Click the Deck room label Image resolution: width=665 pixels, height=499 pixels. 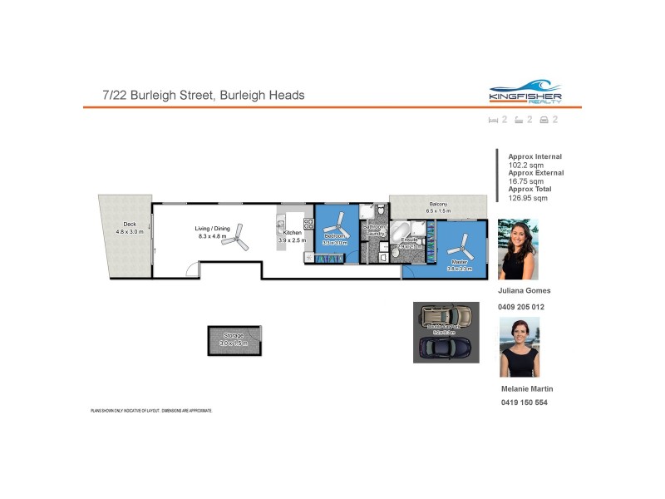tap(130, 224)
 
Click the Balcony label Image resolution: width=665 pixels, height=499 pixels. tap(438, 205)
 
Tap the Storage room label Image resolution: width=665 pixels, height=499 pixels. tap(233, 335)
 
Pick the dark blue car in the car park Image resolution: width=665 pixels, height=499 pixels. tap(446, 348)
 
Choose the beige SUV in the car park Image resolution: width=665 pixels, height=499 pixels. tap(446, 316)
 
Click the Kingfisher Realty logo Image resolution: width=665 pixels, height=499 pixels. tap(525, 91)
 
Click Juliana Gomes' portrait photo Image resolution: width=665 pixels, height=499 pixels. tap(518, 249)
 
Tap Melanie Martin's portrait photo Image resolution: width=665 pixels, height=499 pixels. tap(520, 347)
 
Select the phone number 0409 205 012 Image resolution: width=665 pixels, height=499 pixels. tap(521, 307)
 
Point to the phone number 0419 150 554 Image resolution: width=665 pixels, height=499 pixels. tap(524, 403)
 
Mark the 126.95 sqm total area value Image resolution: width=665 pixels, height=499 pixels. tap(528, 198)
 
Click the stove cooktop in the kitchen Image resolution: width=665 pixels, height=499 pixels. tap(308, 223)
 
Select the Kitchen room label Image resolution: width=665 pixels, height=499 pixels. tap(292, 233)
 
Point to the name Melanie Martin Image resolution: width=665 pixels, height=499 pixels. tap(527, 388)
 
